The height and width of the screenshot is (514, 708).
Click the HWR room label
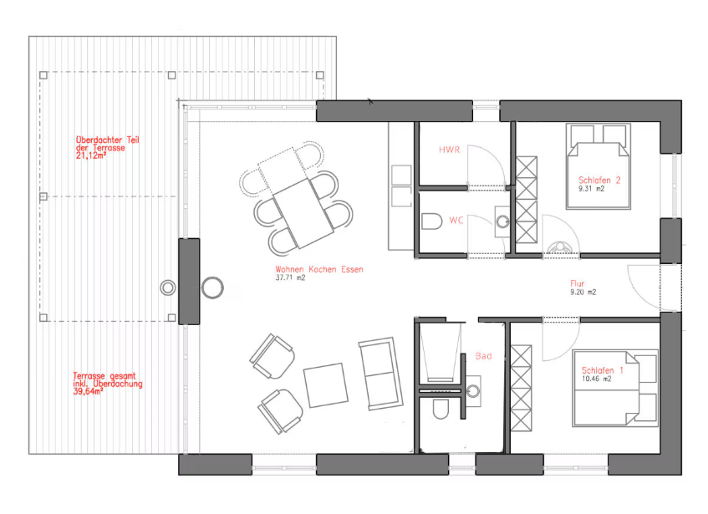pos(449,150)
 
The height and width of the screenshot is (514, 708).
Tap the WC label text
pos(456,220)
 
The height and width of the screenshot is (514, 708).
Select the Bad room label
pos(483,356)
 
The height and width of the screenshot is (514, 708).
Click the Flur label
pos(577,283)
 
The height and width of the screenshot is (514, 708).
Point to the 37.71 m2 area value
pos(290,277)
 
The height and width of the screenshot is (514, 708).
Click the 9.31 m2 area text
pos(591,189)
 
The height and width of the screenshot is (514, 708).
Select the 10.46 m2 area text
pos(597,379)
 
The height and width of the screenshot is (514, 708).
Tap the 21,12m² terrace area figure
pos(91,155)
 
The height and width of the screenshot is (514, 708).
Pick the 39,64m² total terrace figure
pos(88,392)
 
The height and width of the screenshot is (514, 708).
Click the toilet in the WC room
pos(431,221)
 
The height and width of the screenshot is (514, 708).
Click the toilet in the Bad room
pos(441,409)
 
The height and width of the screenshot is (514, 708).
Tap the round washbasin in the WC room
pos(502,221)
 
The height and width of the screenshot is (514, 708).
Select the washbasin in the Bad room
pos(473,391)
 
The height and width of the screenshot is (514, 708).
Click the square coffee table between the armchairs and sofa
pos(326,385)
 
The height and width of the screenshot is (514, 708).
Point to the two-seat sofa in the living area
pos(380,374)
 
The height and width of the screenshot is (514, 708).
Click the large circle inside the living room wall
pos(212,288)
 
